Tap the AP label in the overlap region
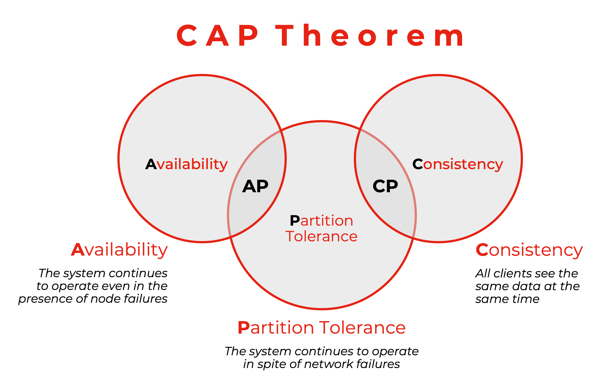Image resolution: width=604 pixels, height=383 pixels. [255, 186]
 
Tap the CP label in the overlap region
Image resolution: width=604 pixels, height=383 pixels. [385, 186]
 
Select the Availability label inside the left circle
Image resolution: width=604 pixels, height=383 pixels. [186, 164]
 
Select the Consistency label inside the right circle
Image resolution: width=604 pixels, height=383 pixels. [457, 164]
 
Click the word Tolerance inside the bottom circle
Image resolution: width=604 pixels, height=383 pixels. [321, 236]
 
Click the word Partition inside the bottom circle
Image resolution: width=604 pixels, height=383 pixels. [321, 221]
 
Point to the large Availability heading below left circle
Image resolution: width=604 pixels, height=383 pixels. [119, 250]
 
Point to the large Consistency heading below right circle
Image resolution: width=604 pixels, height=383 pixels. [529, 250]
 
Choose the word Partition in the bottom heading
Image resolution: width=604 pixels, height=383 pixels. [276, 328]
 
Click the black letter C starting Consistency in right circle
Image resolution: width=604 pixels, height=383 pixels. [417, 164]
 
